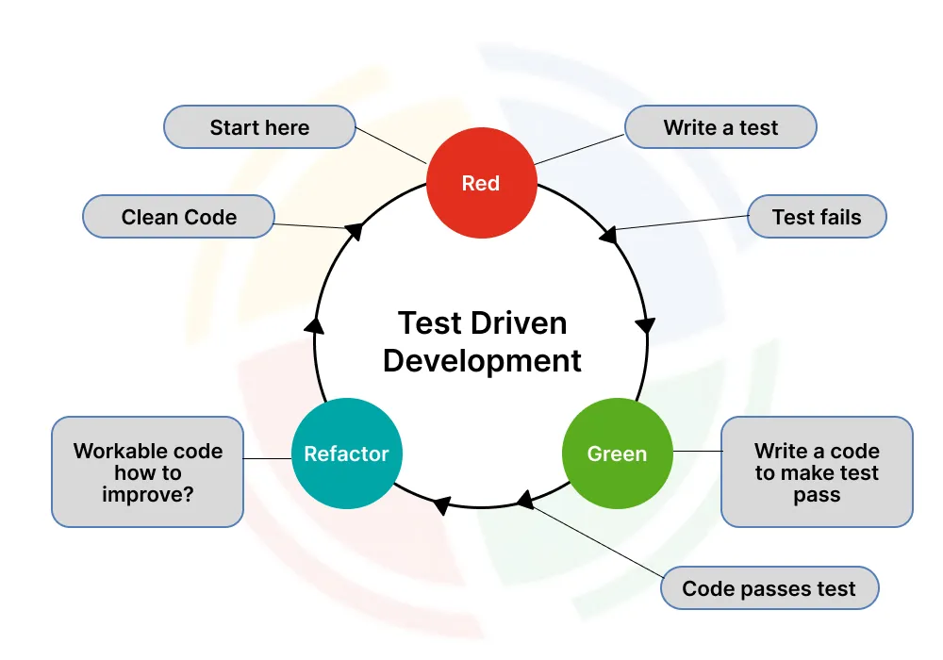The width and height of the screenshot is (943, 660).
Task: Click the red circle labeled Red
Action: click(481, 183)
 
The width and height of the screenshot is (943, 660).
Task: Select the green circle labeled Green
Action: click(617, 454)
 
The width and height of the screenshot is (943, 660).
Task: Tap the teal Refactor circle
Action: click(346, 454)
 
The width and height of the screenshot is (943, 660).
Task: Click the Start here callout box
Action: click(259, 127)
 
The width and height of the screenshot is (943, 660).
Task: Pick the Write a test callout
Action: click(720, 127)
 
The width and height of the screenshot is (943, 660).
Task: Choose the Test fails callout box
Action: click(817, 217)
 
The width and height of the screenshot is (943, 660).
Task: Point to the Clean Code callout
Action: click(179, 217)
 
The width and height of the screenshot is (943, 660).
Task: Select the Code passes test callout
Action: click(769, 589)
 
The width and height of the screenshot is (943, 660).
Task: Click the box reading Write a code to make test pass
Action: click(817, 472)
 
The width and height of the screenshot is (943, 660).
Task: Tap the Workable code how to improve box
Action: click(148, 471)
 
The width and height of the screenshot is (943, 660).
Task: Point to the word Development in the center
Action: click(482, 361)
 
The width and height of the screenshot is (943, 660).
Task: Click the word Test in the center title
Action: click(429, 323)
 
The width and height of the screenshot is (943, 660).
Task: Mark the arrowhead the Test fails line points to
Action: click(609, 233)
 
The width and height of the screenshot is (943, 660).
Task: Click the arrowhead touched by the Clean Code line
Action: click(355, 230)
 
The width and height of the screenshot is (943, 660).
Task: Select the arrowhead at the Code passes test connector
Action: click(524, 499)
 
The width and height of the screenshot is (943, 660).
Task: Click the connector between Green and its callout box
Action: click(697, 452)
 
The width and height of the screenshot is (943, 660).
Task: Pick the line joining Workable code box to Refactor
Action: click(268, 458)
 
